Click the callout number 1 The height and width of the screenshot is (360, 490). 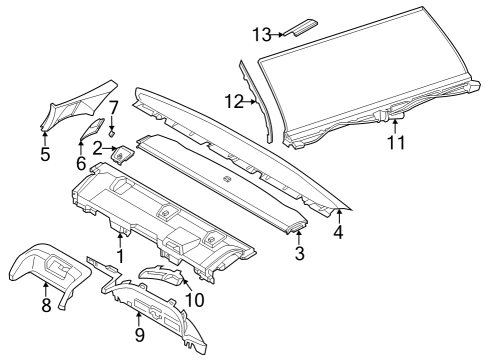121,256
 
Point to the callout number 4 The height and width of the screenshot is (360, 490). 338,233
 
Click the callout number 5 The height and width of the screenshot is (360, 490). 44,154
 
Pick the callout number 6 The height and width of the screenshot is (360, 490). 82,161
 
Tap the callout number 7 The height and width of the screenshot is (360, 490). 113,106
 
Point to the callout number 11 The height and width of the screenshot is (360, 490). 396,143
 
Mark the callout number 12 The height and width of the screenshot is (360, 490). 233,100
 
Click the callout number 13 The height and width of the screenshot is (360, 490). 262,34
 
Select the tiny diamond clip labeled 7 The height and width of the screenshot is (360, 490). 112,130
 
